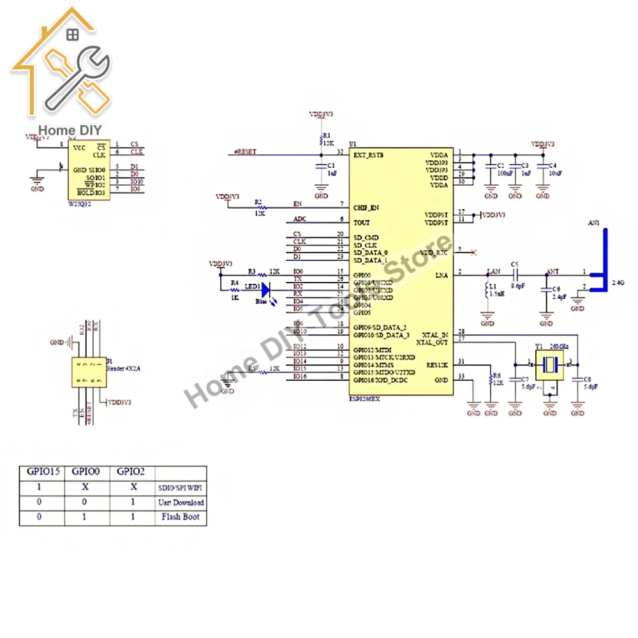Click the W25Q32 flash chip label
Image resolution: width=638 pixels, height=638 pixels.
tap(81, 204)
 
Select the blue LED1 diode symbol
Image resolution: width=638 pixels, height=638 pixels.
tap(266, 288)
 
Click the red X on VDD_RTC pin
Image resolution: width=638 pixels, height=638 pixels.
tap(473, 253)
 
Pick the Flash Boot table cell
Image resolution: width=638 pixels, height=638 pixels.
tap(181, 517)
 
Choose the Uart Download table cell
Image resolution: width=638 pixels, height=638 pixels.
tap(181, 502)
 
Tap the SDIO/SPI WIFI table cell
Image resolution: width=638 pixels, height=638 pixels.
tap(181, 487)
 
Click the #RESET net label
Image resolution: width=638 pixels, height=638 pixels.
tap(245, 152)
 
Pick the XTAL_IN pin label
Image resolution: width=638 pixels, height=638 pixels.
tap(435, 334)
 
